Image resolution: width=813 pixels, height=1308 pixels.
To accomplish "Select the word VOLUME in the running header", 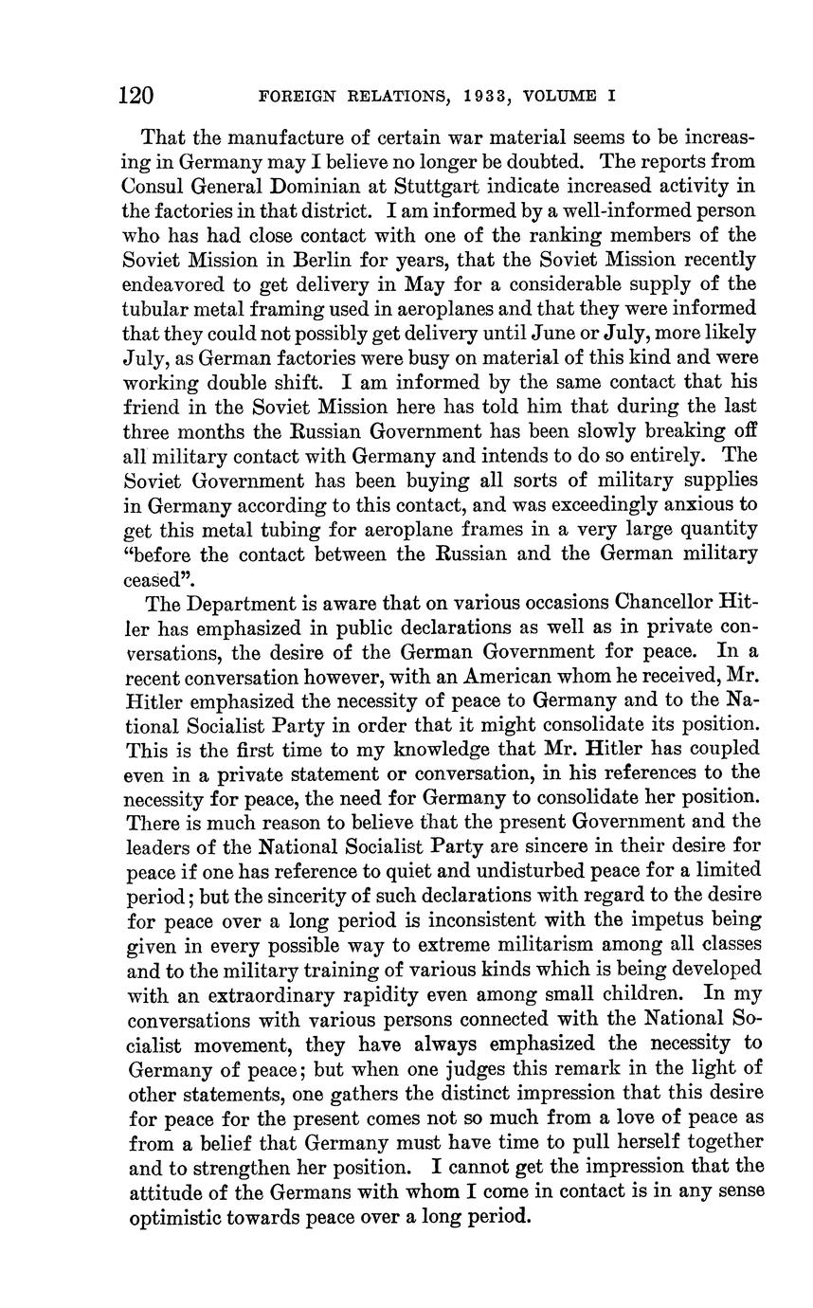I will tap(565, 97).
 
